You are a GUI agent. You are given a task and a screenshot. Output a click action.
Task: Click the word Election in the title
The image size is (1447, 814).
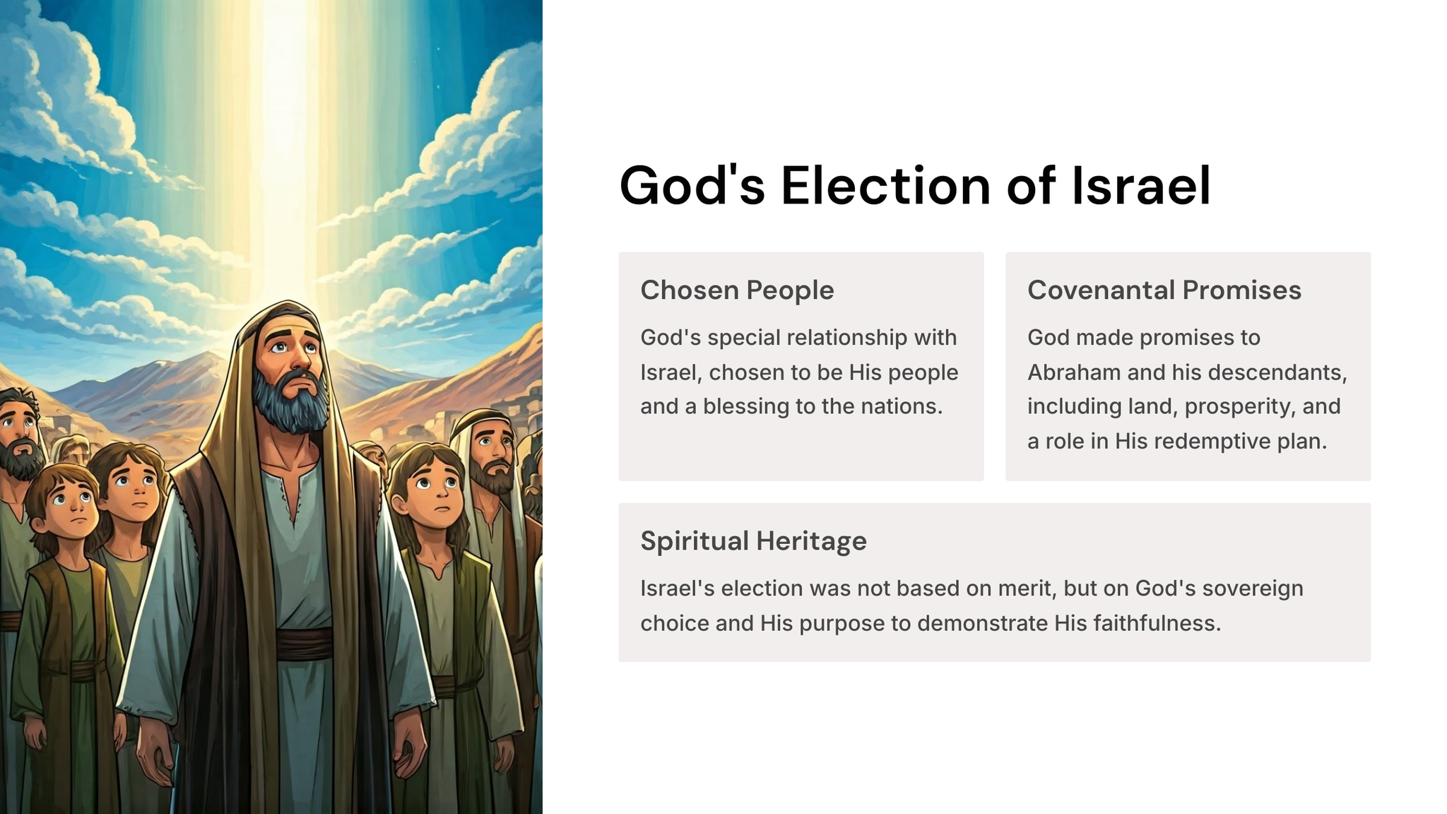click(886, 185)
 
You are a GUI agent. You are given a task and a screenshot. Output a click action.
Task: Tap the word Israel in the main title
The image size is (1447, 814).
click(1141, 185)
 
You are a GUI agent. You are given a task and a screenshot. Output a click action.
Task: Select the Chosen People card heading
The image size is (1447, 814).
click(737, 290)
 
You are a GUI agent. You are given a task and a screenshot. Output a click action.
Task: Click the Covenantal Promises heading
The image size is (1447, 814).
click(1164, 290)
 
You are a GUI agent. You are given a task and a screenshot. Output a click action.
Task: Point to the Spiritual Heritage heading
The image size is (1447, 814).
click(753, 541)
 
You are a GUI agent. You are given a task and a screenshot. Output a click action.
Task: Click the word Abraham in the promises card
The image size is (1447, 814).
click(1074, 372)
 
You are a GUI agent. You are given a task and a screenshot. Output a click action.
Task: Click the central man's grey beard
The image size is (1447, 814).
click(291, 403)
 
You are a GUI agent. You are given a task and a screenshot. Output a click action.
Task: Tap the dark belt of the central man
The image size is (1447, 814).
click(304, 643)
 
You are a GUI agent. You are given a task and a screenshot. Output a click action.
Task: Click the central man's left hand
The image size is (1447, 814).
click(411, 750)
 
